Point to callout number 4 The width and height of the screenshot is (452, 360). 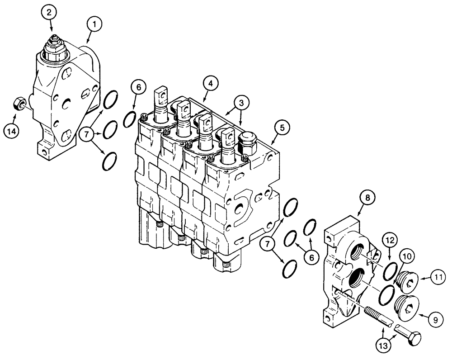[210, 83]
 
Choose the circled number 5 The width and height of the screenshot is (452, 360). [282, 128]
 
